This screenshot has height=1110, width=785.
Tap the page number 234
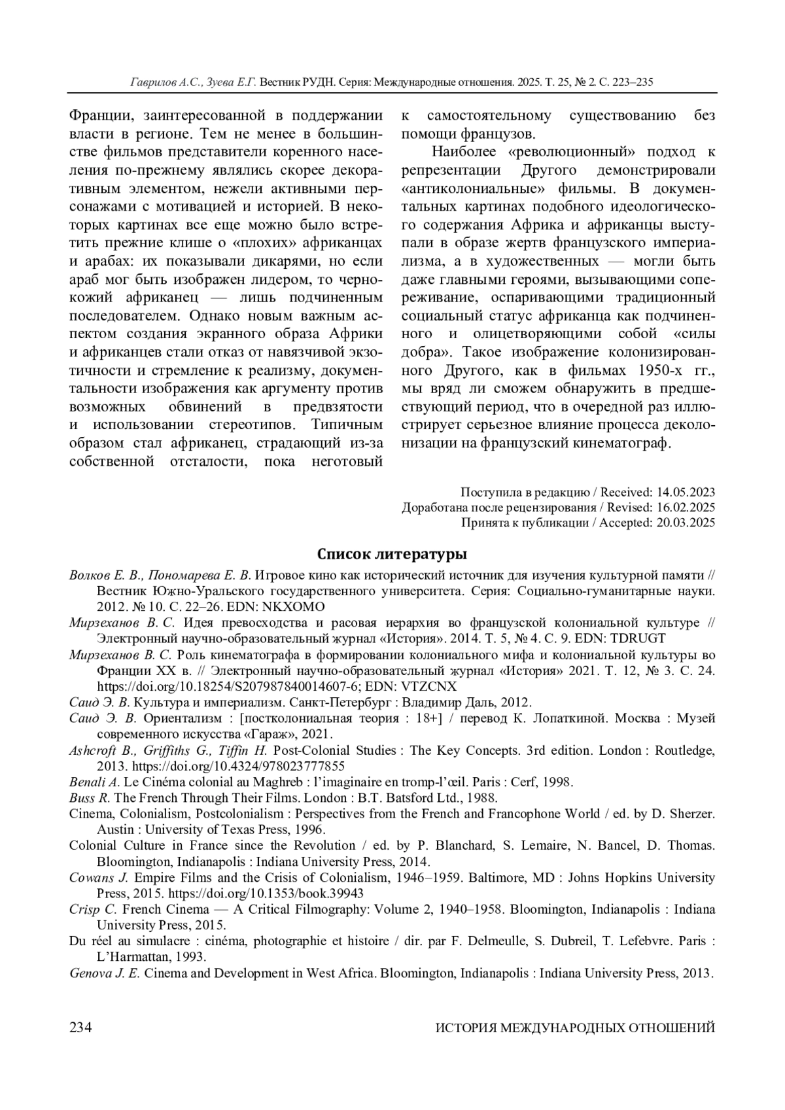click(80, 1027)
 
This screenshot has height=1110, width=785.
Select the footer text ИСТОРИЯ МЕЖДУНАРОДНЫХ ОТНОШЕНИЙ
click(575, 1028)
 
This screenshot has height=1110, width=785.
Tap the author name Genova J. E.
click(105, 973)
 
